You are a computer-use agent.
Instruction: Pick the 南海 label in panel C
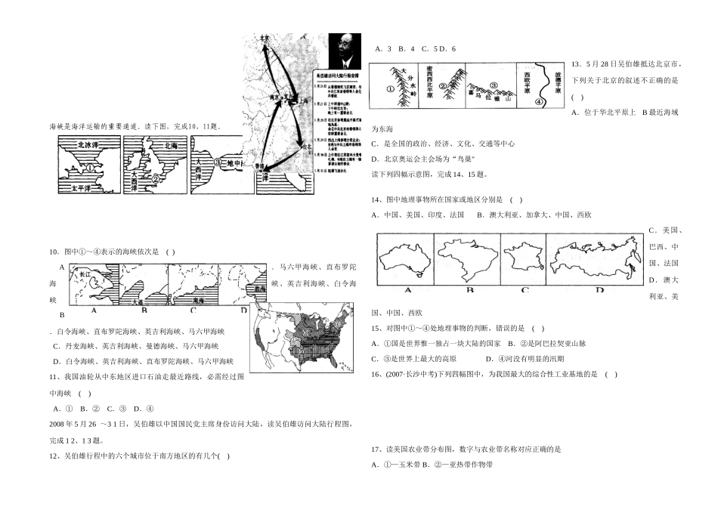click(197, 300)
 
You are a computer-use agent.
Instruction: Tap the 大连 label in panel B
click(136, 300)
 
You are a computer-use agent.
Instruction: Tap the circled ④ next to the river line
click(539, 100)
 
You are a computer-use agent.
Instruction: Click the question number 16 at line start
click(376, 374)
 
